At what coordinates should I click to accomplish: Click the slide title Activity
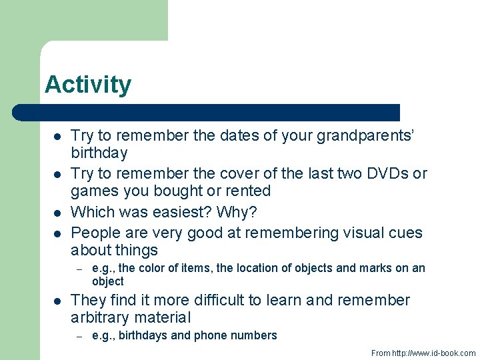(x=88, y=85)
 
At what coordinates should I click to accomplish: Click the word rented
(x=247, y=191)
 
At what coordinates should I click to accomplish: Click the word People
(x=93, y=233)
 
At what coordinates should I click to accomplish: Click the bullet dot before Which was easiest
(x=57, y=213)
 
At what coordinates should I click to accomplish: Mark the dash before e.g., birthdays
(x=79, y=336)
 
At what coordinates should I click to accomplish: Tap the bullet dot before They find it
(x=57, y=301)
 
